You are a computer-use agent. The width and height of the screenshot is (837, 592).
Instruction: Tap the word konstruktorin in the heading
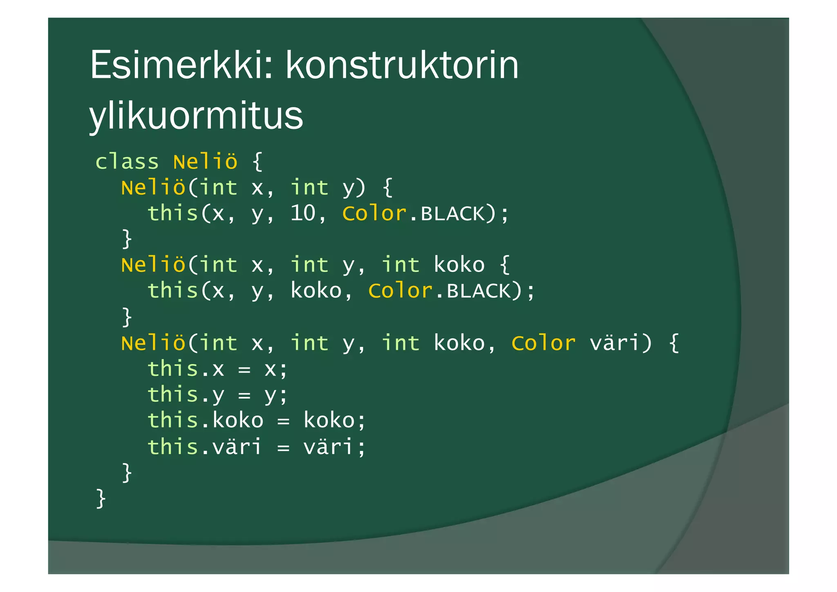click(x=402, y=65)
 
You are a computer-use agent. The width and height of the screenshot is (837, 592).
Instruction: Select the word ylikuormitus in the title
click(x=196, y=115)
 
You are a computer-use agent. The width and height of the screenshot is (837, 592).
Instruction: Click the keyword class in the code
click(x=127, y=162)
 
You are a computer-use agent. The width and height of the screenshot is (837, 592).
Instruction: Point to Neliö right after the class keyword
click(x=205, y=162)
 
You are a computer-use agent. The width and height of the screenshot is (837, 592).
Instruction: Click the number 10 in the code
click(x=303, y=213)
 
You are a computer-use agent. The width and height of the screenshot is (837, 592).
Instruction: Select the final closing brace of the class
click(x=101, y=498)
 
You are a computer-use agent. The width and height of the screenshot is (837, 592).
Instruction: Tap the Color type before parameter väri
click(x=543, y=343)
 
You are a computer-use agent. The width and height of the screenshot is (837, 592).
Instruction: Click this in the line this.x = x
click(x=173, y=369)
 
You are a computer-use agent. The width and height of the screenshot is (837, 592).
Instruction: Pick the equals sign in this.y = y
click(x=244, y=395)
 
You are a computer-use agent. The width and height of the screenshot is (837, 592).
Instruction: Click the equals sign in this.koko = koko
click(x=283, y=421)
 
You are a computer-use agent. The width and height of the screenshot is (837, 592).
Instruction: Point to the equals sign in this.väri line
click(x=283, y=447)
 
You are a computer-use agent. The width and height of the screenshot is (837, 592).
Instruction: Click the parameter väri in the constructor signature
click(x=615, y=343)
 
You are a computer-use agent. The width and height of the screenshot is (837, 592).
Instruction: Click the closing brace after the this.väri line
click(x=127, y=473)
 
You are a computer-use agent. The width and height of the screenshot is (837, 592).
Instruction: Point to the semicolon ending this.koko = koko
click(x=361, y=421)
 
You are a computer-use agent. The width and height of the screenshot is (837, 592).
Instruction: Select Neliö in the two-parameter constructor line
click(x=153, y=188)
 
